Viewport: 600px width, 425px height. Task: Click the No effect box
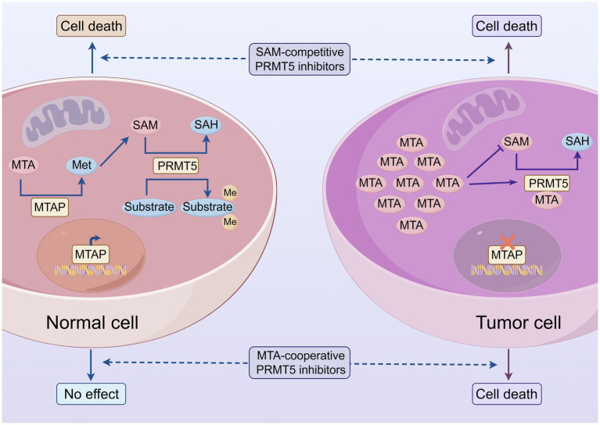tap(91, 394)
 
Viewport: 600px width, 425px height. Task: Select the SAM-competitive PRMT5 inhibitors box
tap(300, 59)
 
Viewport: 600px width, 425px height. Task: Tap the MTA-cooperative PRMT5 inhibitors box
tap(300, 362)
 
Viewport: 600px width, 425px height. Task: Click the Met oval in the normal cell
tap(81, 165)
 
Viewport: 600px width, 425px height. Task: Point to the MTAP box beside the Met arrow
tap(50, 207)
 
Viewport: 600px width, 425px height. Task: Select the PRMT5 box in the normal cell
tap(177, 166)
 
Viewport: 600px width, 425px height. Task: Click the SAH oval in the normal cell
tap(207, 125)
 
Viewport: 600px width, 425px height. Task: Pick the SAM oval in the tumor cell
tap(516, 141)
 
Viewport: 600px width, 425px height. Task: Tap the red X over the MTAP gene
tap(508, 242)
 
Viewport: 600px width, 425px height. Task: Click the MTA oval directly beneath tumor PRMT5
tap(547, 200)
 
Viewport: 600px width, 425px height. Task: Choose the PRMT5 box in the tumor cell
tap(548, 184)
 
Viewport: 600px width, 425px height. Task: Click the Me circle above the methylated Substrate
tap(230, 193)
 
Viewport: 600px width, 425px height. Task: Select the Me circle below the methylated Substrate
tap(230, 222)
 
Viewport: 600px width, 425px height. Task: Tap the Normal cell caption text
tap(92, 323)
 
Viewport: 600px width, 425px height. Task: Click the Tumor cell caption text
tap(519, 323)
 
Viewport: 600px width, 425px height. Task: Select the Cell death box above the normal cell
tap(91, 26)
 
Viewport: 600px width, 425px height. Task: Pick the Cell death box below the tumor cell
tap(507, 394)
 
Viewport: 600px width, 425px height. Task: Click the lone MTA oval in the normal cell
tap(23, 165)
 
